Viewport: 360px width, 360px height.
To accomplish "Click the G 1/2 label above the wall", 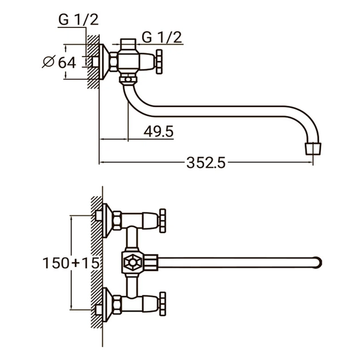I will point(78,20).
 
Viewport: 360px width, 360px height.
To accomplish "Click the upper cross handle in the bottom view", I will point(163,219).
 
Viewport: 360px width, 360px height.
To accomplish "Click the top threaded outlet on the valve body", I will point(129,43).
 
